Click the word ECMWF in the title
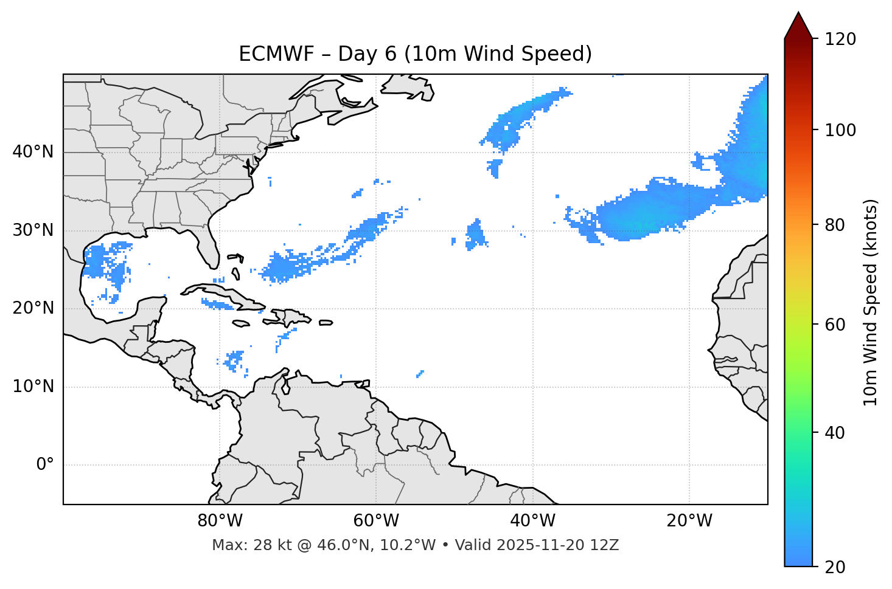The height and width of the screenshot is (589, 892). pyautogui.click(x=266, y=54)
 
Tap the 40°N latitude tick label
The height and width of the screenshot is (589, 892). pyautogui.click(x=33, y=151)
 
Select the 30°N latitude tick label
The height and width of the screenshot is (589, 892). pyautogui.click(x=33, y=230)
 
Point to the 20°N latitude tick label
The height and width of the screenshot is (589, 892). pyautogui.click(x=33, y=308)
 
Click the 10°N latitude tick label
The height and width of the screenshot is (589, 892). pyautogui.click(x=33, y=387)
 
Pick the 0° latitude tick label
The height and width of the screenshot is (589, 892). pyautogui.click(x=45, y=465)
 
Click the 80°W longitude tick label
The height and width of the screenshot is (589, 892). pyautogui.click(x=220, y=521)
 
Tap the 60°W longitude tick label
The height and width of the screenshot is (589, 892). pyautogui.click(x=376, y=521)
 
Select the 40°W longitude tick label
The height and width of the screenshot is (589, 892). pyautogui.click(x=532, y=521)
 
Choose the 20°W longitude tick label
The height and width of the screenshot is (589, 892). pyautogui.click(x=689, y=521)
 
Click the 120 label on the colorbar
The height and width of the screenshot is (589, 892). pyautogui.click(x=841, y=40)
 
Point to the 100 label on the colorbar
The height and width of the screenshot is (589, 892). pyautogui.click(x=841, y=130)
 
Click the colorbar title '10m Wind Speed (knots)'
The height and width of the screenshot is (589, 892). pyautogui.click(x=871, y=302)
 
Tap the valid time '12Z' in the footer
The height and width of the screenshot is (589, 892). pyautogui.click(x=607, y=545)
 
